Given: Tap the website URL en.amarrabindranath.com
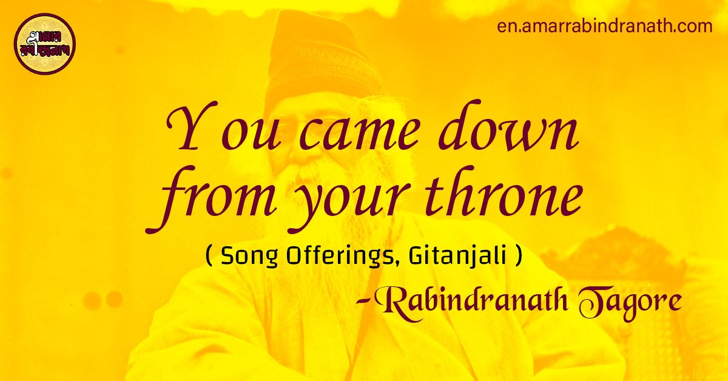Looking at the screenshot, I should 604,27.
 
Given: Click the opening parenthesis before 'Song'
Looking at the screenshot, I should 209,257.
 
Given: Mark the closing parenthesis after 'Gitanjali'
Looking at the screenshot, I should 517,257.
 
